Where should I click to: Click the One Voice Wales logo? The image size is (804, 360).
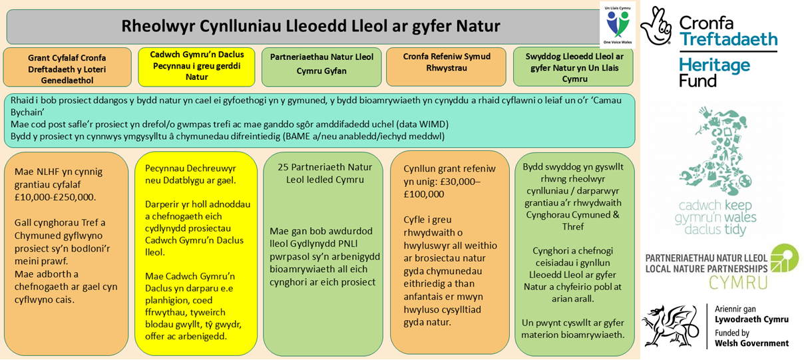(x=617, y=25)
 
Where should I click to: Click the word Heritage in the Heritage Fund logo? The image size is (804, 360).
(x=714, y=65)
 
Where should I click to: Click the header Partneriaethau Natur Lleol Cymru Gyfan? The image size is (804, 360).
(x=321, y=64)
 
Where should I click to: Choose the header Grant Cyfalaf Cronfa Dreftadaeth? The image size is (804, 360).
(x=67, y=69)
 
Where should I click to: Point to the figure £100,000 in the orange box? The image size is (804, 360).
(x=424, y=194)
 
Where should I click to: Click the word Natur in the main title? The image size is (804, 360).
(x=476, y=26)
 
